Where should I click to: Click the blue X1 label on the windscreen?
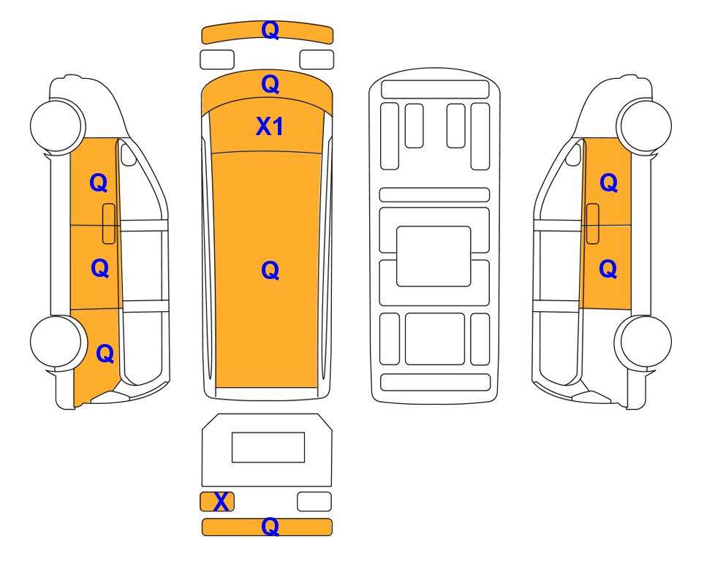click(x=270, y=126)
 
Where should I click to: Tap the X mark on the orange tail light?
click(x=221, y=502)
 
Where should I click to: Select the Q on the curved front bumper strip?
click(x=270, y=31)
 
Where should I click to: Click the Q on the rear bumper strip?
click(x=270, y=527)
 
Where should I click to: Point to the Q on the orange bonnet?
click(x=270, y=85)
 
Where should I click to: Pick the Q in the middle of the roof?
click(x=270, y=270)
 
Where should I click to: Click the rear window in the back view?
click(x=268, y=448)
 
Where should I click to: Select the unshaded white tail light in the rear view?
click(x=314, y=502)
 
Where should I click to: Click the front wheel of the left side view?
click(x=57, y=125)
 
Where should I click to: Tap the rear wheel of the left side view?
click(x=57, y=342)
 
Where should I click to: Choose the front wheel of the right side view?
click(x=645, y=125)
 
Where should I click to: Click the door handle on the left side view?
click(x=109, y=224)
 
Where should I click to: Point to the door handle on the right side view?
click(x=593, y=224)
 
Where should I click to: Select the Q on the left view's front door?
click(x=99, y=183)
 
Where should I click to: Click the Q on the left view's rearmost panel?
click(x=105, y=354)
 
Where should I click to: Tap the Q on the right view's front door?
click(x=609, y=183)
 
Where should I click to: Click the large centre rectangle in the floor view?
click(x=434, y=256)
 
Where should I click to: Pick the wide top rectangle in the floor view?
click(x=435, y=89)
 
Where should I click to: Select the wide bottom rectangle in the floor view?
click(x=435, y=382)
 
